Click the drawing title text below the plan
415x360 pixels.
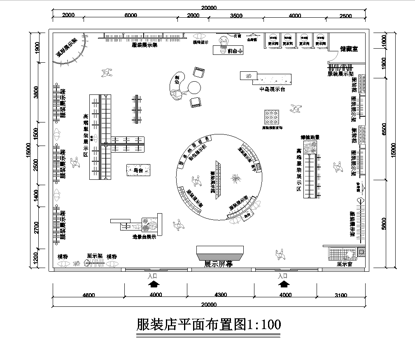[x=207, y=327]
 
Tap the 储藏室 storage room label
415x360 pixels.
[x=349, y=46]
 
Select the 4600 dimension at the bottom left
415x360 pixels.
[x=88, y=295]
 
